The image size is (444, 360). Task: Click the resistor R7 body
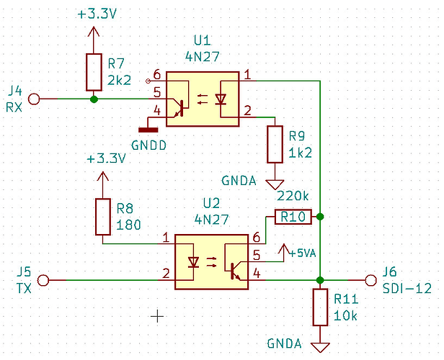click(x=94, y=71)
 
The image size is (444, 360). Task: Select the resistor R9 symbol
click(x=275, y=144)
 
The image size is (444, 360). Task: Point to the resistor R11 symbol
click(x=319, y=307)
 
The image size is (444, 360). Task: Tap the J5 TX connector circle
click(x=44, y=280)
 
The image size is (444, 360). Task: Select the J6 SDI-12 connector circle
click(x=371, y=280)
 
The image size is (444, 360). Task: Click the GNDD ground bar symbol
click(x=148, y=130)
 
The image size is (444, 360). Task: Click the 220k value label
click(x=291, y=196)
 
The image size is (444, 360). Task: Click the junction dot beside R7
click(x=94, y=98)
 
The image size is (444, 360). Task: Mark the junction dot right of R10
click(x=319, y=216)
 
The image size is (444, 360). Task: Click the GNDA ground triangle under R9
click(x=275, y=184)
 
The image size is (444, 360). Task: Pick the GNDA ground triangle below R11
click(x=319, y=347)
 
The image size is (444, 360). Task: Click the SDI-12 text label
click(x=407, y=288)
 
